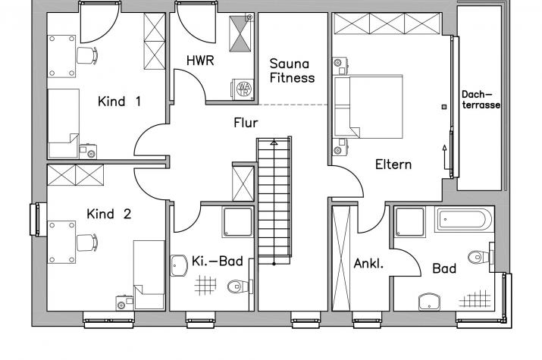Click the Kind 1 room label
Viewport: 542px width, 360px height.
tap(119, 102)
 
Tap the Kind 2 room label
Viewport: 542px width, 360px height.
tap(109, 214)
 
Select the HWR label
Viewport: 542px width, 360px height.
tap(200, 61)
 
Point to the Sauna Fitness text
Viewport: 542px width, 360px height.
tap(292, 70)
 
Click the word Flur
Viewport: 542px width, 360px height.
tap(246, 123)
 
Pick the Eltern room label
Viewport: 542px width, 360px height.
tap(393, 164)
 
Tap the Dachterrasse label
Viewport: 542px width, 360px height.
tap(481, 99)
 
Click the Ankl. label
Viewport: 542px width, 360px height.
tap(368, 264)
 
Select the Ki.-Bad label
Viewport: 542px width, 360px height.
tap(218, 261)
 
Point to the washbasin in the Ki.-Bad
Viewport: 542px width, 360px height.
tap(179, 266)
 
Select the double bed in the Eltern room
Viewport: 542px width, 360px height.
tap(368, 107)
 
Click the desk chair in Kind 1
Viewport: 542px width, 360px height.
tap(87, 55)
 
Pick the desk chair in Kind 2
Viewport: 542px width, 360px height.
tap(87, 243)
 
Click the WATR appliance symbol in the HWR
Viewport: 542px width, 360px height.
tap(243, 89)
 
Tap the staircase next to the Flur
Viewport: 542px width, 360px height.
tap(274, 201)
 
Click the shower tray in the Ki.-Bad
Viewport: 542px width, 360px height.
tap(238, 222)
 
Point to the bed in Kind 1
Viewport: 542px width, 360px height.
tap(63, 124)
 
